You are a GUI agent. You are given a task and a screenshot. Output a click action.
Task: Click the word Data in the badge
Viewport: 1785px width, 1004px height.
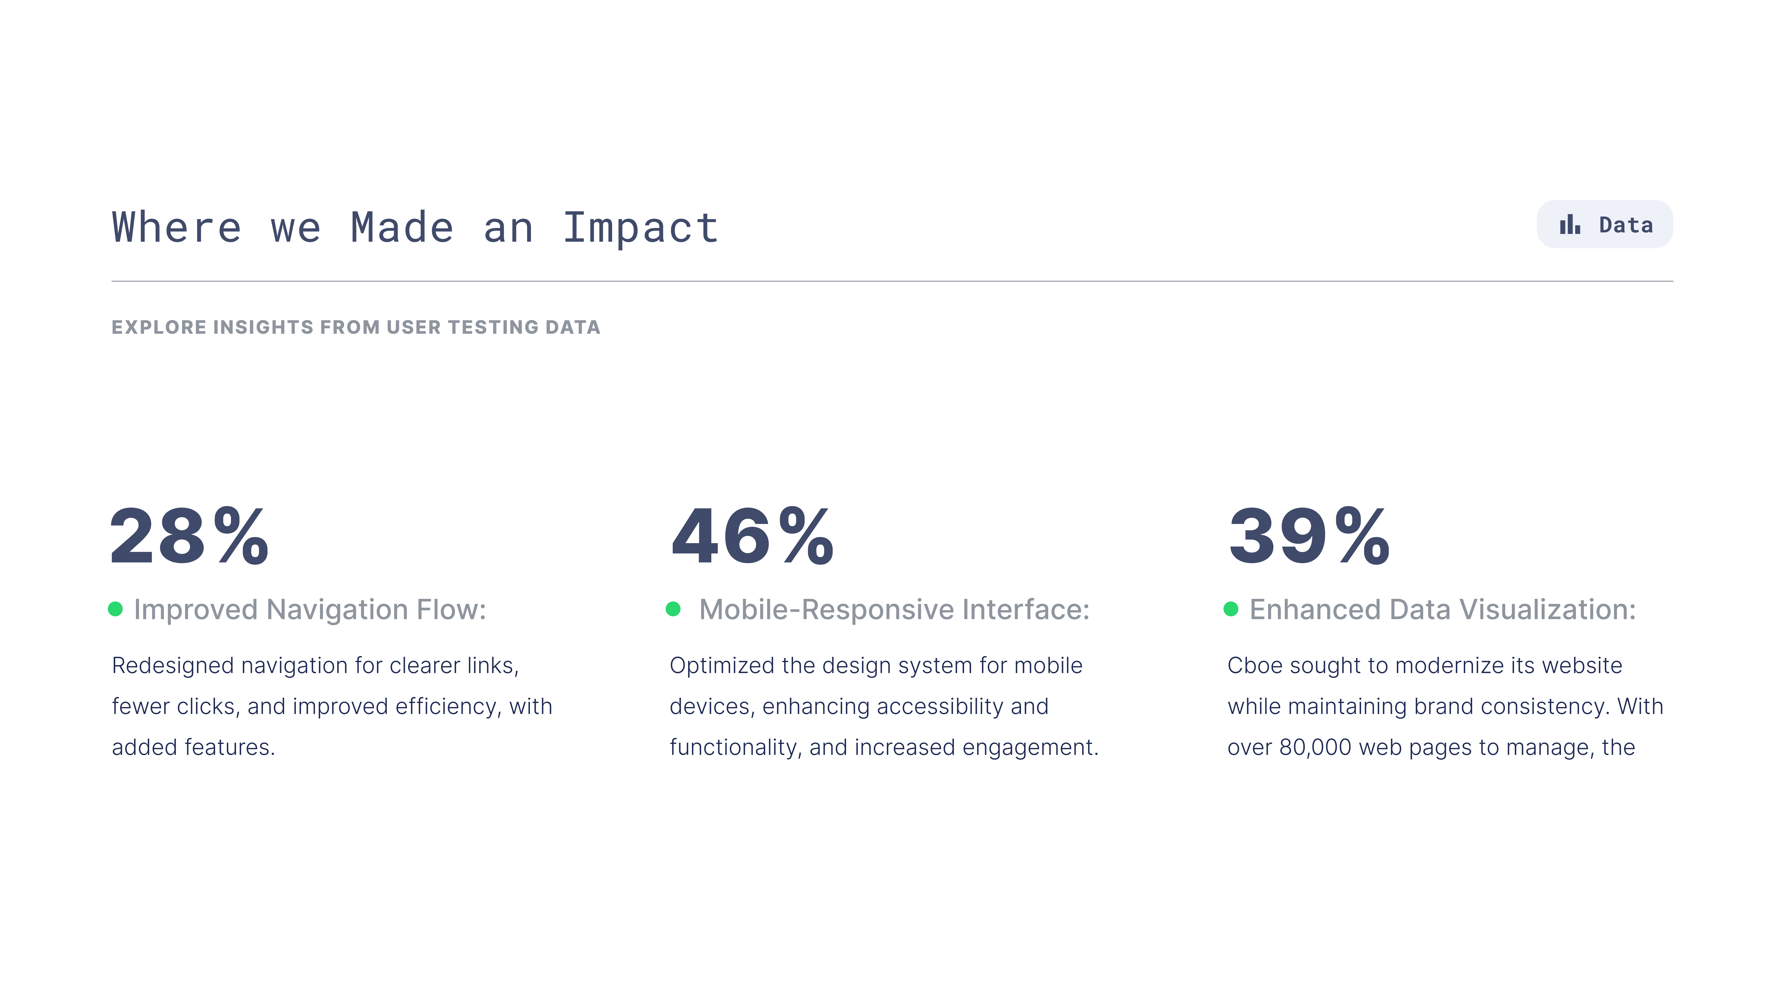[1626, 225]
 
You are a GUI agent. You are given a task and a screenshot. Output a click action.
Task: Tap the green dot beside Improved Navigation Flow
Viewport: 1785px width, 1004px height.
[116, 609]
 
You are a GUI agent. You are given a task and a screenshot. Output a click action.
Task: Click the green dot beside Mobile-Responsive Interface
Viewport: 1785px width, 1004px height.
[673, 609]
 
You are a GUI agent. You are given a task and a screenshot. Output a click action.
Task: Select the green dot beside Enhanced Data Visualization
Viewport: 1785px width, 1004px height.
[1231, 609]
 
